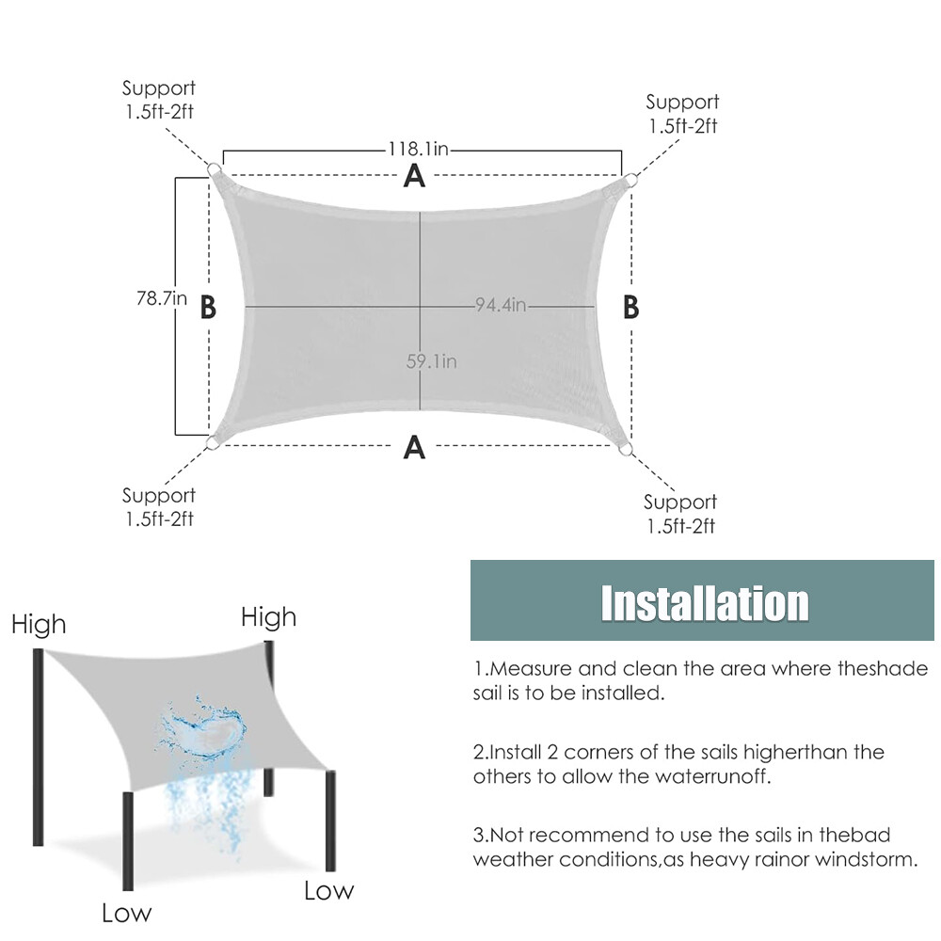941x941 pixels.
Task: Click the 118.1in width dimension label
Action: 422,149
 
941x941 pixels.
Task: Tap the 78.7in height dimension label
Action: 162,299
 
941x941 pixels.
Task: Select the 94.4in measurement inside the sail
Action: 500,305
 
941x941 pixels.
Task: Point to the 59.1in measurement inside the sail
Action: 432,360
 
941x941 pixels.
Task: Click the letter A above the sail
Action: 414,175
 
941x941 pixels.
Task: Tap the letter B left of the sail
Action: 209,308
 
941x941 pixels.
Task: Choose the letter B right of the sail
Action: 631,308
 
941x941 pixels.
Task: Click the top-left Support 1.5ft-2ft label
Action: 159,101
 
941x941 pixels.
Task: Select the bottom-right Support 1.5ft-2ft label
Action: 680,514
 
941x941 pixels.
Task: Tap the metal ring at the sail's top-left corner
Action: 215,169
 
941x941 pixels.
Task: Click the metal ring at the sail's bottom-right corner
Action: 625,451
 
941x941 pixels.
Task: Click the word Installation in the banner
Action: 704,603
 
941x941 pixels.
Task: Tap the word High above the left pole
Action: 39,624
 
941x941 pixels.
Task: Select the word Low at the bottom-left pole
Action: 126,912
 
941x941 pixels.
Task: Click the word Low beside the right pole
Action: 328,890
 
